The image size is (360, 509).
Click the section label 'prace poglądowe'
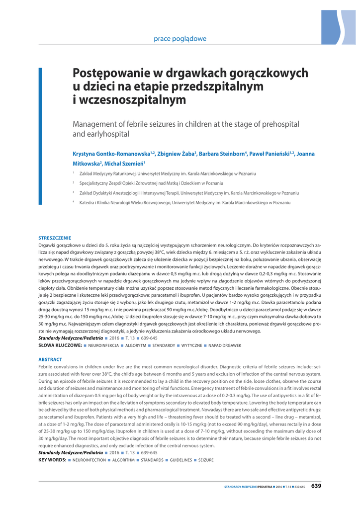point(180,38)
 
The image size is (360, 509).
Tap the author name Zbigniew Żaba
point(177,154)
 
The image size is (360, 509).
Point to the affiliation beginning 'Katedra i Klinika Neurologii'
point(181,203)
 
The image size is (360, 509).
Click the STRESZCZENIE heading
point(55,238)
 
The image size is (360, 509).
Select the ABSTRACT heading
point(50,359)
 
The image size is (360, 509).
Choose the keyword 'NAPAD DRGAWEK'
point(224,345)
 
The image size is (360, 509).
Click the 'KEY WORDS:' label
point(53,460)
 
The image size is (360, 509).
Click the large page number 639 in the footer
point(316,486)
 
